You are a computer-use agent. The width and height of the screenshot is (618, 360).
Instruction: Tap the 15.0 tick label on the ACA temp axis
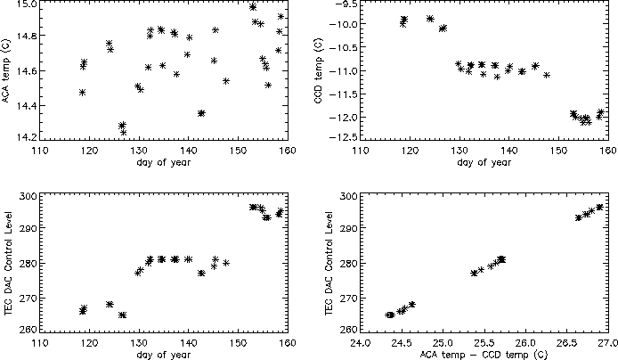(28, 5)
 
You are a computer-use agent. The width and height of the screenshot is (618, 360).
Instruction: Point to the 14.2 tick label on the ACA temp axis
(28, 137)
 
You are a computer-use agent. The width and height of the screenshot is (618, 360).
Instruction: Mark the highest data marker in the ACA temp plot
(253, 7)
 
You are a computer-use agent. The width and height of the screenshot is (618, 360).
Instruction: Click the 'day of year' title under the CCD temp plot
(484, 163)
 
